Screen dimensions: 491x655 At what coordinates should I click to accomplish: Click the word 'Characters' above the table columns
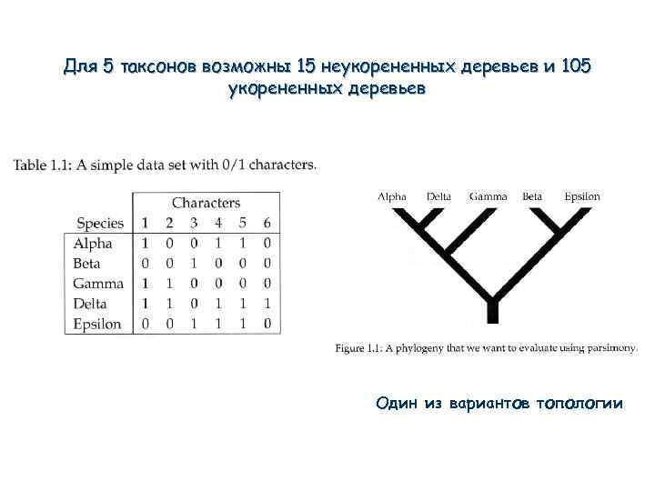point(206,203)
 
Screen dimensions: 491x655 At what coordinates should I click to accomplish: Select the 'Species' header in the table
point(100,223)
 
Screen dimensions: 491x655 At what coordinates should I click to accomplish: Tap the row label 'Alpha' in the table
point(93,244)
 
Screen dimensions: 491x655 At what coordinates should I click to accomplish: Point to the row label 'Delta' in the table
point(91,304)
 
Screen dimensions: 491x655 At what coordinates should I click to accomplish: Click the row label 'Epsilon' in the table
point(97,324)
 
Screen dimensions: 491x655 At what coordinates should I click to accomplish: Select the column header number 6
point(267,223)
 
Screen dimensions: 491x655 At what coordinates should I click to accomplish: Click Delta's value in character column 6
point(267,304)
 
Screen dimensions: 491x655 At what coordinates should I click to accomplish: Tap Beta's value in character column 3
point(193,264)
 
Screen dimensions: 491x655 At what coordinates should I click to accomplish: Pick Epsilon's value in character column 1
point(145,324)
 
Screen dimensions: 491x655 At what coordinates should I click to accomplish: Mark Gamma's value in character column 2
point(169,284)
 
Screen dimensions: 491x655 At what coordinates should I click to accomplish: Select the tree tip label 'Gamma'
point(488,195)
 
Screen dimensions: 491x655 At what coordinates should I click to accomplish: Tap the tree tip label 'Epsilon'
point(581,195)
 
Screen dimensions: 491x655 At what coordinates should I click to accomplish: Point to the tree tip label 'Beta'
point(532,195)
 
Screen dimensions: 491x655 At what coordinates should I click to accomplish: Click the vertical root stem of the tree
point(491,311)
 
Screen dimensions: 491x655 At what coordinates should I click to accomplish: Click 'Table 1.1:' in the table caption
point(43,165)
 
